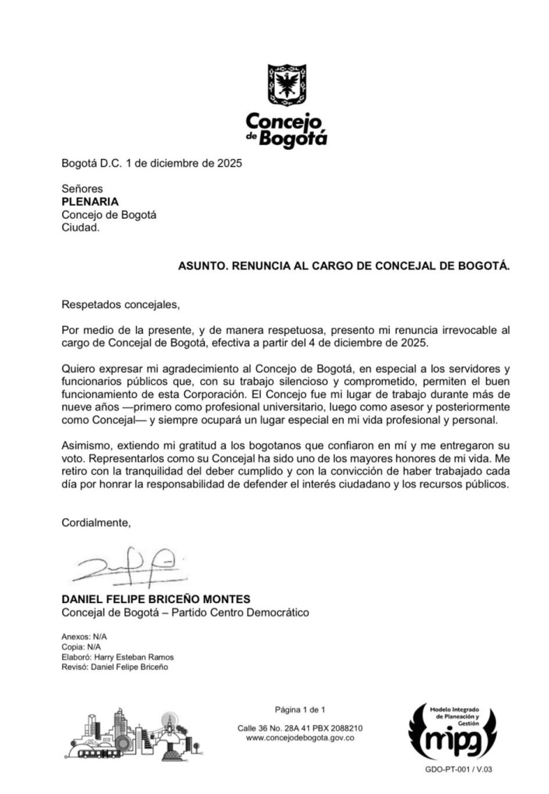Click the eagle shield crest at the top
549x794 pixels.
287,86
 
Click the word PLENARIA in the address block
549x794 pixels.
90,202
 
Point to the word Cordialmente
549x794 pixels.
96,523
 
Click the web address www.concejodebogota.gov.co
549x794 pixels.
300,738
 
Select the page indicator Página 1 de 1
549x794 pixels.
300,709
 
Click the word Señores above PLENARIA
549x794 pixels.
82,189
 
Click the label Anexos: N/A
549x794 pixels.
85,636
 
